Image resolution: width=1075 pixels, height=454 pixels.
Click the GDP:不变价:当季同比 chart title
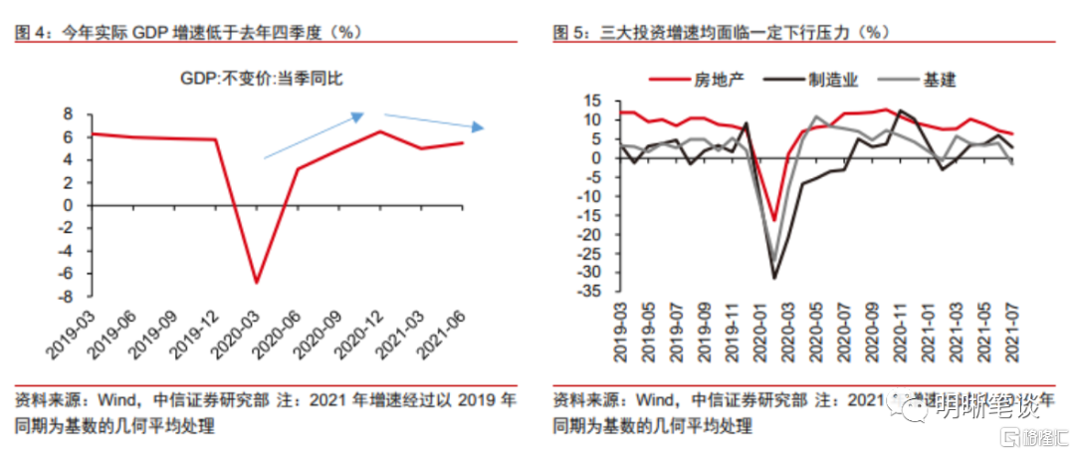click(x=262, y=78)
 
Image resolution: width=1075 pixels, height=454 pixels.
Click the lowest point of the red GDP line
click(x=256, y=283)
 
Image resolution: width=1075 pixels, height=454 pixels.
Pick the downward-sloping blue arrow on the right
click(x=434, y=121)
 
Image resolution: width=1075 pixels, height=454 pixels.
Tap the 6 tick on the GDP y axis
click(x=70, y=136)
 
